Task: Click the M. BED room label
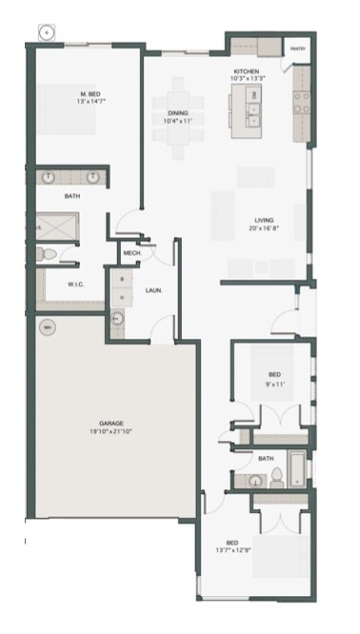90,93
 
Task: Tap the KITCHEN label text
246,71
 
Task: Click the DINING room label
178,112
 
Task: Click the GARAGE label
112,424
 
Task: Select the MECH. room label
131,253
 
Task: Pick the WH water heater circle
47,327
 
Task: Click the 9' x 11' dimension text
275,385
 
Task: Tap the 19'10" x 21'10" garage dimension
112,431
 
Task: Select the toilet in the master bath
46,254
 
